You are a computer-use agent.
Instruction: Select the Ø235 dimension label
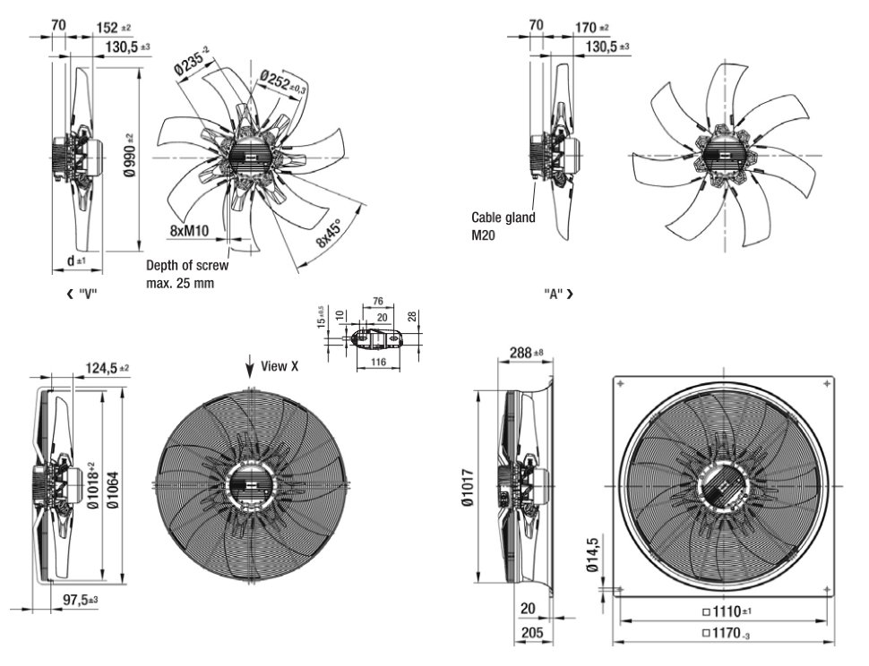[x=191, y=64]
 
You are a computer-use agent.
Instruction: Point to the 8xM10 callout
[x=189, y=231]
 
